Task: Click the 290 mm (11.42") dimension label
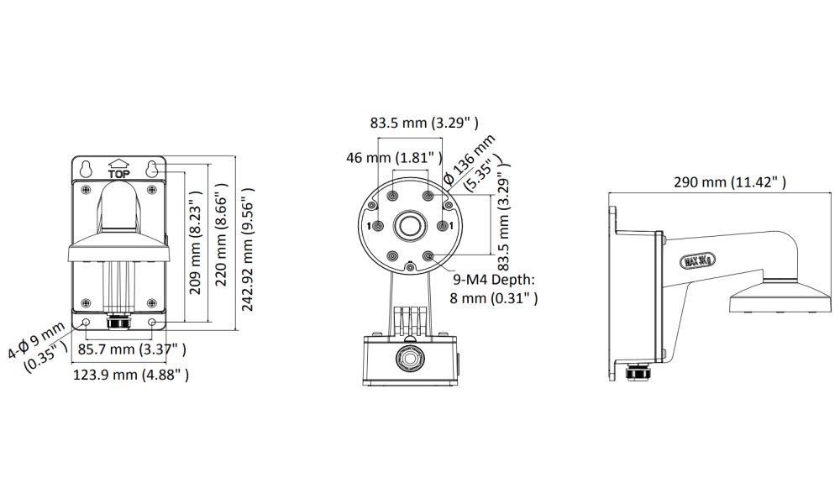pyautogui.click(x=730, y=182)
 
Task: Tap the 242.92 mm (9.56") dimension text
pyautogui.click(x=248, y=248)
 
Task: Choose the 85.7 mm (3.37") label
pyautogui.click(x=131, y=349)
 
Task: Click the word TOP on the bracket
pyautogui.click(x=118, y=174)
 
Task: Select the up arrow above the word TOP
pyautogui.click(x=118, y=164)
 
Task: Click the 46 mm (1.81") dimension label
pyautogui.click(x=394, y=157)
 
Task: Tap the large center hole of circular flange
pyautogui.click(x=411, y=225)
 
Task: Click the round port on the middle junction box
pyautogui.click(x=411, y=357)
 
